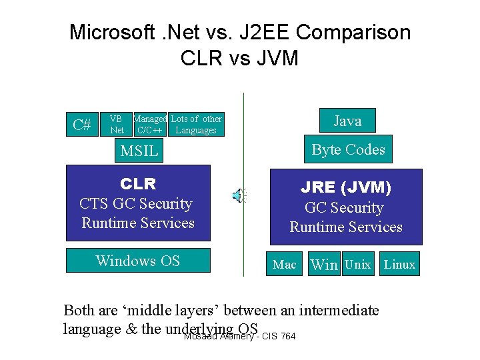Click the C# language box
point(83,124)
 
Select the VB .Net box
point(117,125)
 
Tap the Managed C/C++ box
point(150,125)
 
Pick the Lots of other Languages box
point(196,125)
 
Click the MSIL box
point(139,151)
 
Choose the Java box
point(347,121)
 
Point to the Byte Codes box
point(348,150)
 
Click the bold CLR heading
point(138,183)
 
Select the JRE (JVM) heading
point(345,187)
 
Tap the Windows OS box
point(138,261)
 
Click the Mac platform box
point(285,265)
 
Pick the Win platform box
point(325,265)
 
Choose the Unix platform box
point(358,265)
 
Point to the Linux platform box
point(400,265)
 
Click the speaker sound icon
point(238,195)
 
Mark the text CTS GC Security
point(135,204)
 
